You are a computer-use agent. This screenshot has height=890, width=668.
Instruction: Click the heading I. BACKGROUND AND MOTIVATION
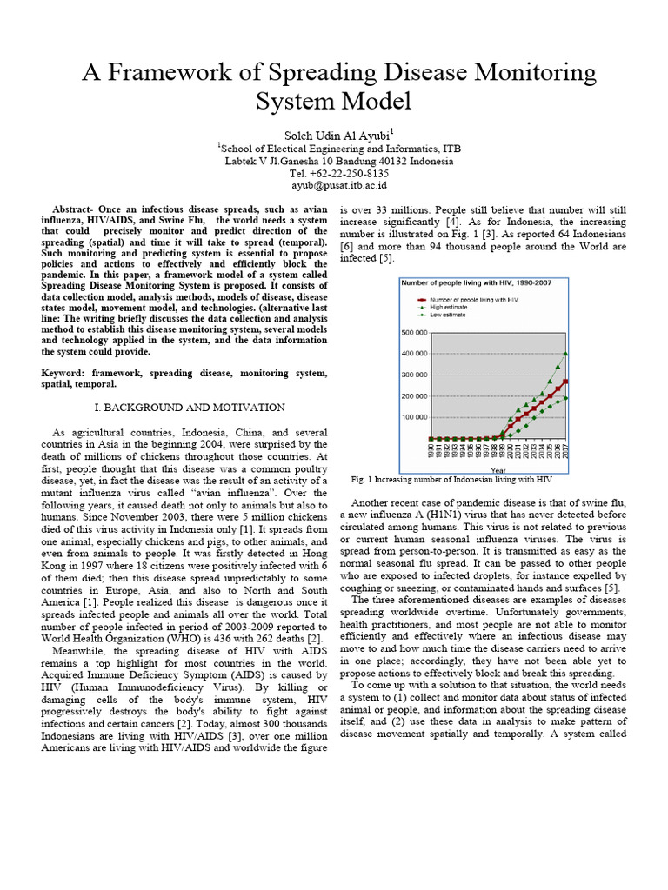(189, 407)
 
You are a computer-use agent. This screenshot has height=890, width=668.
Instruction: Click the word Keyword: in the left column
(70, 373)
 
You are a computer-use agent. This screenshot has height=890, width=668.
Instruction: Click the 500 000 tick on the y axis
(414, 333)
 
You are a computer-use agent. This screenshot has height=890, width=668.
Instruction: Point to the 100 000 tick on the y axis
(414, 417)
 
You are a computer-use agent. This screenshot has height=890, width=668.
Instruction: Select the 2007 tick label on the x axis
(566, 451)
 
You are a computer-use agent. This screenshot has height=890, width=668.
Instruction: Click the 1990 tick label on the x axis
(431, 451)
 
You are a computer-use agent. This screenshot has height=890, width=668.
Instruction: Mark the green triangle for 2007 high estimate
(566, 354)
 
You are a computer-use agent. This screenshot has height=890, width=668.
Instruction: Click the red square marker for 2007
(566, 382)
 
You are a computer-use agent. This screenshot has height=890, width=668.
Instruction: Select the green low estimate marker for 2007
(566, 398)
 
